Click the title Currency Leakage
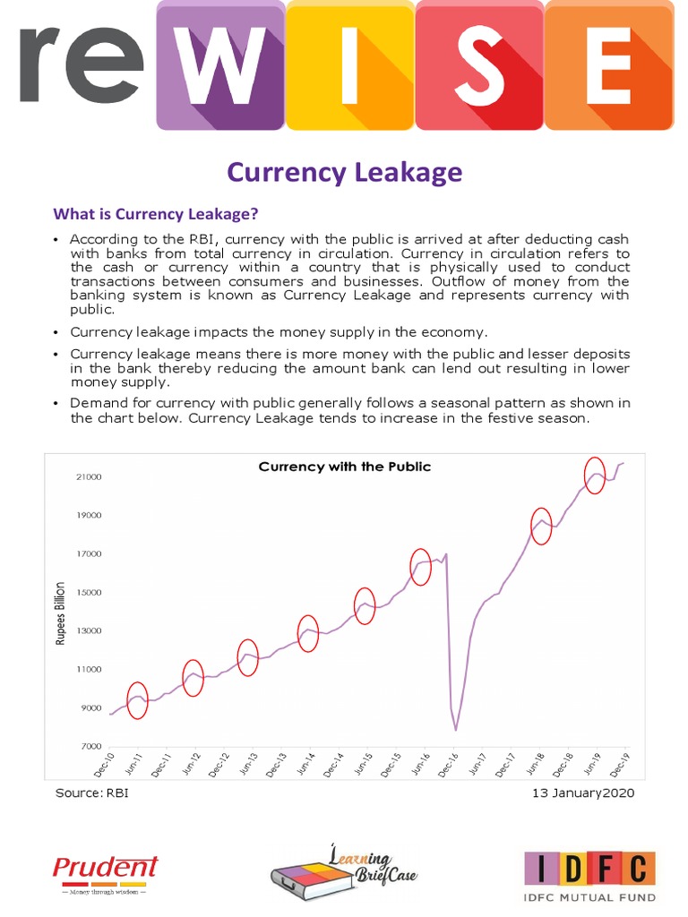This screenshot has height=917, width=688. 344,172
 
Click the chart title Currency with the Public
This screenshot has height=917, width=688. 344,467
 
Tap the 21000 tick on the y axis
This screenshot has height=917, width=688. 89,477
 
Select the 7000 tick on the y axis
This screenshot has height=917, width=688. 91,747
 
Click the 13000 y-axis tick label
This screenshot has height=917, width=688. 89,631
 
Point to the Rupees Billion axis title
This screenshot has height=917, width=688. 61,613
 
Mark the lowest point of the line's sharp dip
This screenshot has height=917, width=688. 456,730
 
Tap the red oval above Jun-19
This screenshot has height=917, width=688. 595,475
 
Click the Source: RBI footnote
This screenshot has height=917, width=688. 91,793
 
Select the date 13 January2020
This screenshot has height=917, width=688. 582,793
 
